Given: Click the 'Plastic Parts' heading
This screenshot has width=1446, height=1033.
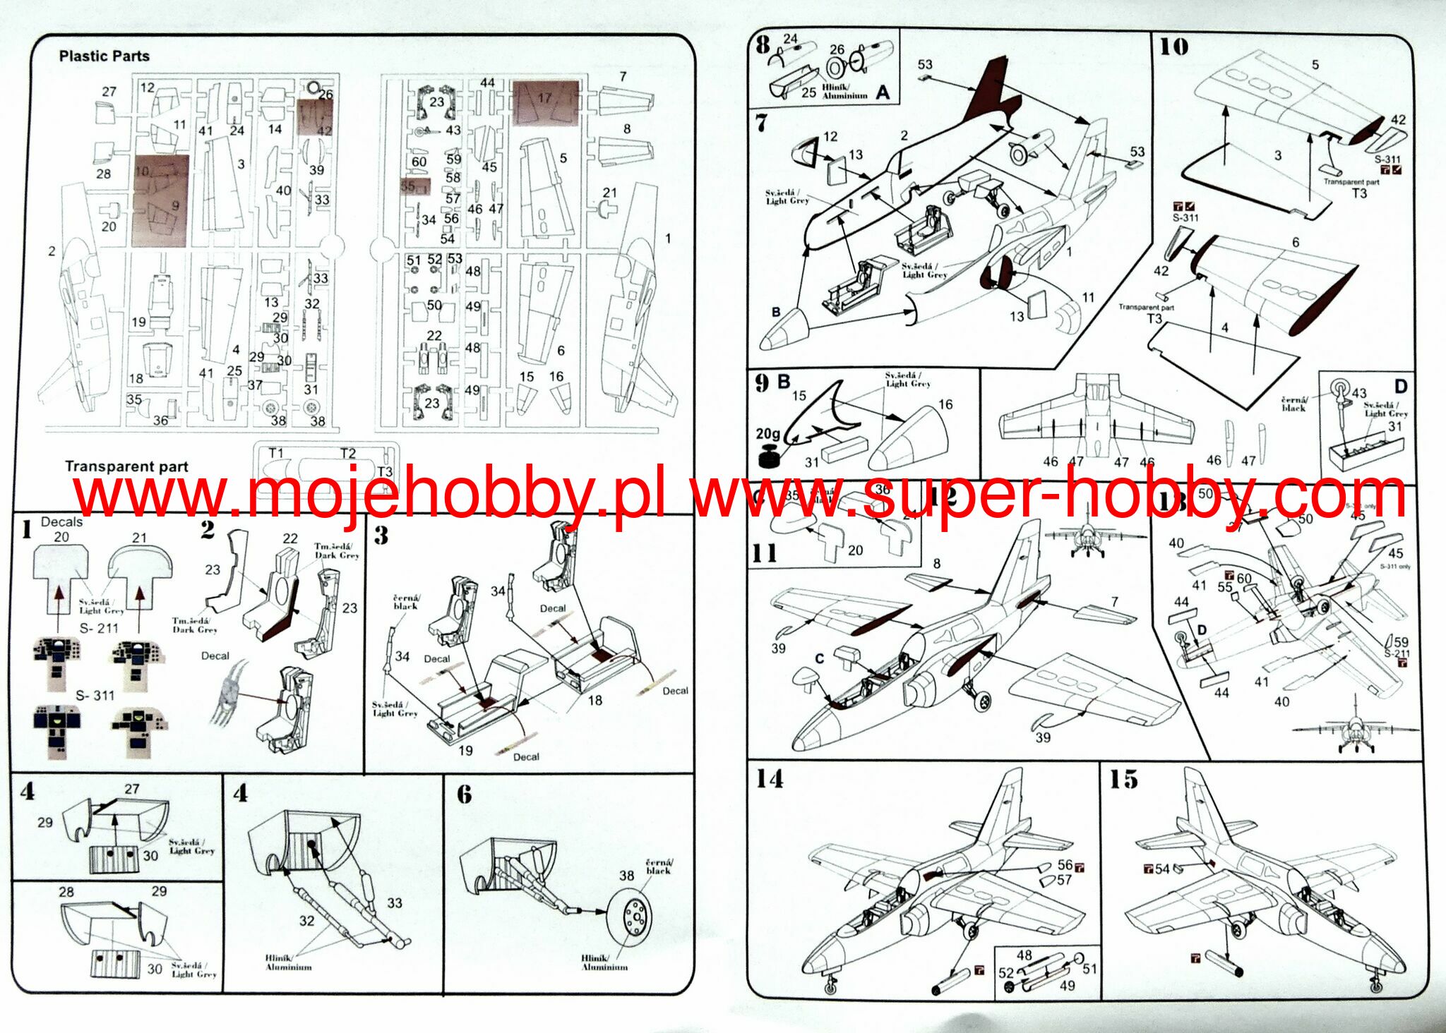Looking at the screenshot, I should [104, 56].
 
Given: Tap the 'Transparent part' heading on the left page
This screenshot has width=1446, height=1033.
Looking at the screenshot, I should [126, 466].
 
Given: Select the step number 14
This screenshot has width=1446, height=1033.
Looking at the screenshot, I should [770, 779].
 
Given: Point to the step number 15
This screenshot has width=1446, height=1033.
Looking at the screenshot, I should [1123, 780].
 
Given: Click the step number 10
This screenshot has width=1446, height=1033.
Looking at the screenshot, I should [1173, 47].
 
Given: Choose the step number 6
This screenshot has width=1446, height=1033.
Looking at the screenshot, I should [464, 795].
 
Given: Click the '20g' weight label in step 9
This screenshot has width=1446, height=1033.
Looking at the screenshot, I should [767, 433].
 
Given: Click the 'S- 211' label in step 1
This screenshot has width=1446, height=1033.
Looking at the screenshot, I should [99, 628].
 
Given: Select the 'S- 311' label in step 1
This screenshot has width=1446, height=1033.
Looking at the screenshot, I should [95, 696].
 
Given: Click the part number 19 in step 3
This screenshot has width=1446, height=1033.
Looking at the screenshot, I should [465, 751].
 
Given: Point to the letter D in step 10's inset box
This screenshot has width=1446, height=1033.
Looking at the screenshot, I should [1401, 386].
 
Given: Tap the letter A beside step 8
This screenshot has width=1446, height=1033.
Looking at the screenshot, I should [883, 92].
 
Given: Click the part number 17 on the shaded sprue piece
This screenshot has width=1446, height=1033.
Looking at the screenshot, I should [544, 98].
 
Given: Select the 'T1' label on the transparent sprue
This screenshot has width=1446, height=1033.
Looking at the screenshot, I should [276, 453].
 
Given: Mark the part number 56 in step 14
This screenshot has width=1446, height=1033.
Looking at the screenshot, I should [1065, 865].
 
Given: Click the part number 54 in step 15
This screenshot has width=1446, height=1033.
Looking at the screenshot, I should [1162, 869].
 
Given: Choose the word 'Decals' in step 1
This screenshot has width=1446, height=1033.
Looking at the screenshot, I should [61, 522].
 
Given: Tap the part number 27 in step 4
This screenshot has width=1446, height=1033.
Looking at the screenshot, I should [132, 789].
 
